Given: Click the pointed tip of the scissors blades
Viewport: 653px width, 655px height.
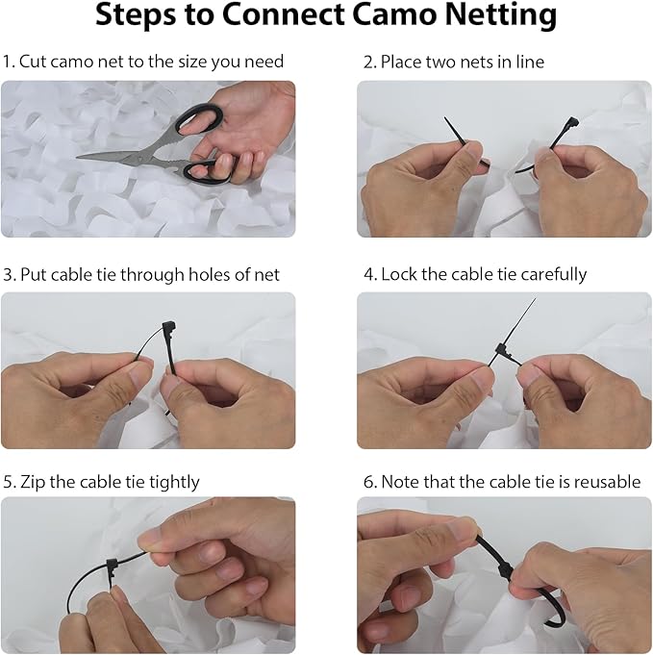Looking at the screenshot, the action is tap(78, 158).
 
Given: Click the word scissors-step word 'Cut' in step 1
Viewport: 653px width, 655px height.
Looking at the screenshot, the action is tap(34, 62).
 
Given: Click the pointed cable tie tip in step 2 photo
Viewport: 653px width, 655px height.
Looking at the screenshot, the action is tap(445, 118).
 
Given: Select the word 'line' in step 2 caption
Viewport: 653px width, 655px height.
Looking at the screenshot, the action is tap(530, 62).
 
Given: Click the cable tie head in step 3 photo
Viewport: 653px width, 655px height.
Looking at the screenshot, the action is tap(169, 326).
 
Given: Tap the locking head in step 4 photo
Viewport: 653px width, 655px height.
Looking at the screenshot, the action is tap(501, 350).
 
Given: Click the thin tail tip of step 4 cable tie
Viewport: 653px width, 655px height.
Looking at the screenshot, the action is tap(535, 299).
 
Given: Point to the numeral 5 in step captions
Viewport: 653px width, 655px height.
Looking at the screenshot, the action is tap(8, 482).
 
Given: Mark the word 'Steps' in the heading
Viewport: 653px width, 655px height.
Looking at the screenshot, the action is tap(136, 16).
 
